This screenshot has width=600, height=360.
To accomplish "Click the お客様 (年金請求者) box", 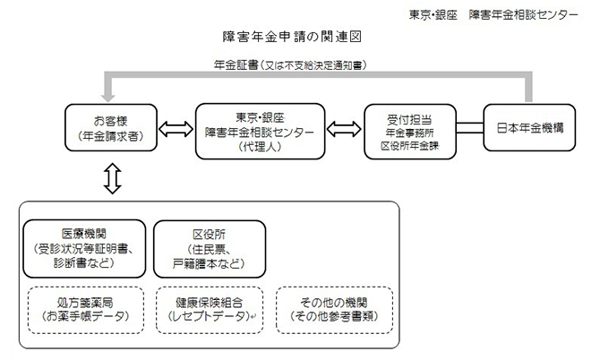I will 111,131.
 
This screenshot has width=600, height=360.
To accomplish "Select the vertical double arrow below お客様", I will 111,178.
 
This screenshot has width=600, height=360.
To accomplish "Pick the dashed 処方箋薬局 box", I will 81,308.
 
